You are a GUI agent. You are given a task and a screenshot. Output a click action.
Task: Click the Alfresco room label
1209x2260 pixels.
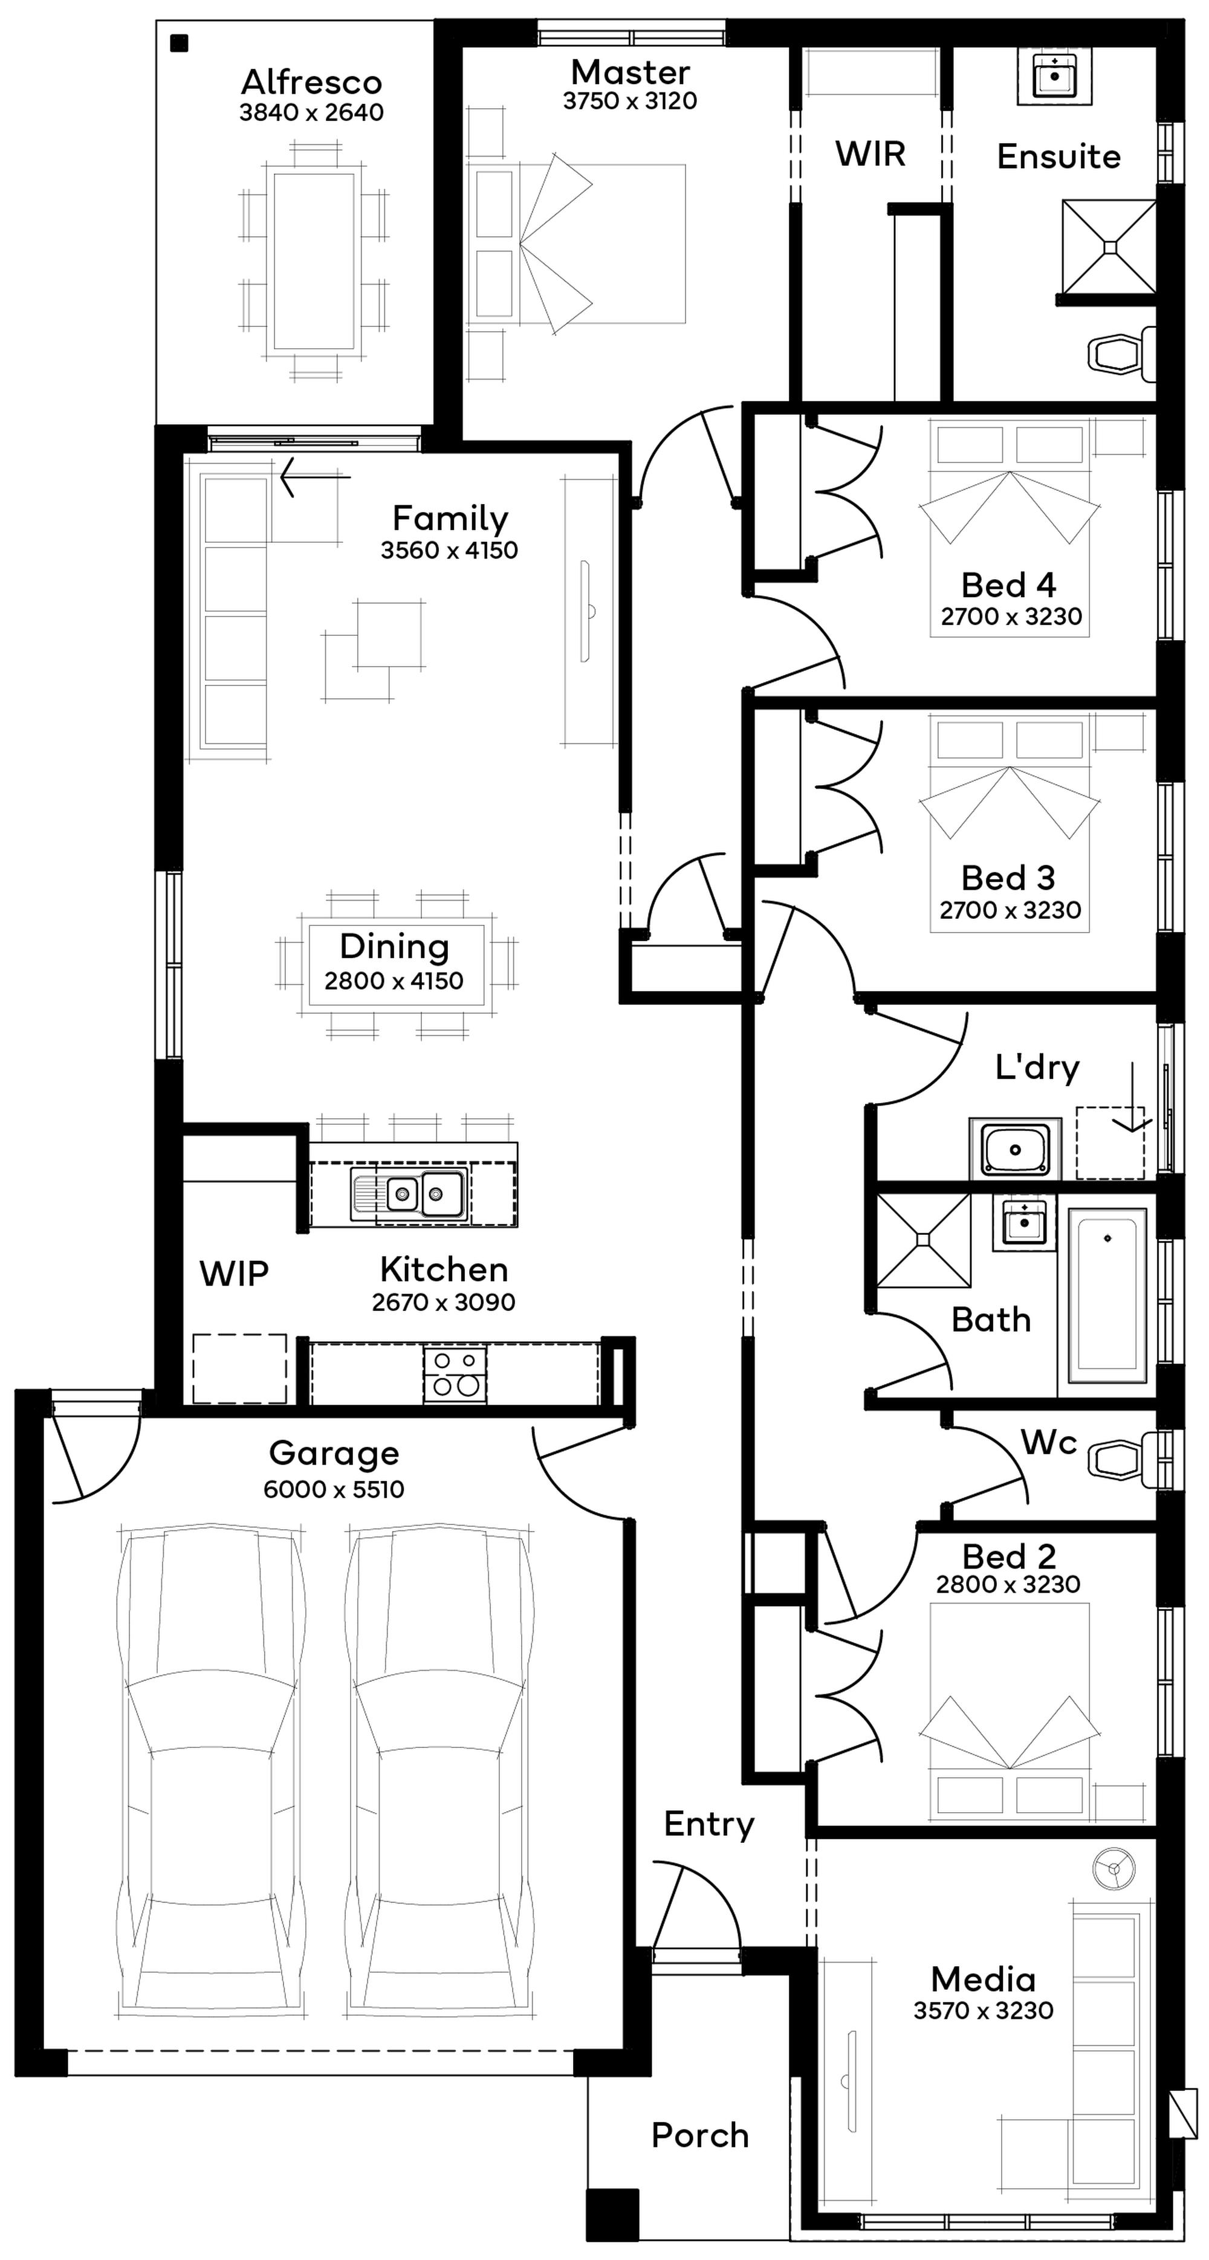311,82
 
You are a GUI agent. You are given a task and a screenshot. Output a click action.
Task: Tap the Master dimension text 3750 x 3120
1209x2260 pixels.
630,101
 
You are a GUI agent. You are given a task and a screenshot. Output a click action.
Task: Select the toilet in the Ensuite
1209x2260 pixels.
1120,354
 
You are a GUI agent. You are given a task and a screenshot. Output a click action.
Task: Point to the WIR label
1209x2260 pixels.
869,154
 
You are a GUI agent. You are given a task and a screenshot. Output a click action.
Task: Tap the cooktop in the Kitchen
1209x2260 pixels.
455,1374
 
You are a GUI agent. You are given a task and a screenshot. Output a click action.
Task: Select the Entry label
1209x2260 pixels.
709,1824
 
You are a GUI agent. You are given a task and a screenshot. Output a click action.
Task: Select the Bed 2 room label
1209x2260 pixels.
1008,1556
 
